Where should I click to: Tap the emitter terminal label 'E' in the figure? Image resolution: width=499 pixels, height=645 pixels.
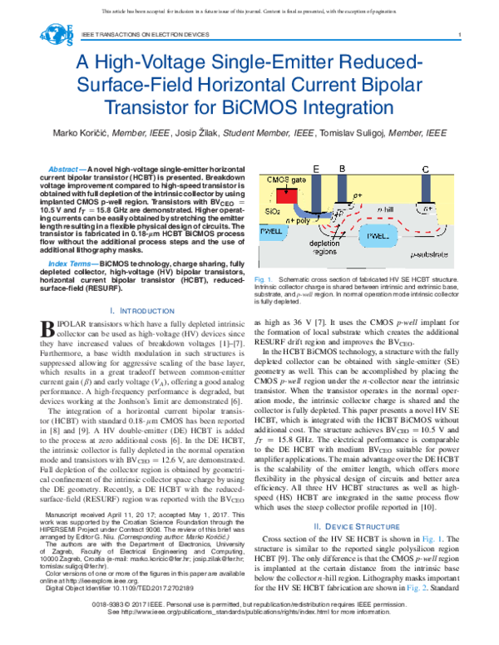coord(317,170)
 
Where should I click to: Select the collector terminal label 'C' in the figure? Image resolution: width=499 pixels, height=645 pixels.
coord(426,170)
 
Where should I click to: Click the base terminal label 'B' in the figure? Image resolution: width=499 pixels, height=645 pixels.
coord(340,170)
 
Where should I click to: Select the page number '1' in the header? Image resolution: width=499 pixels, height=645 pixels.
coord(460,34)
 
